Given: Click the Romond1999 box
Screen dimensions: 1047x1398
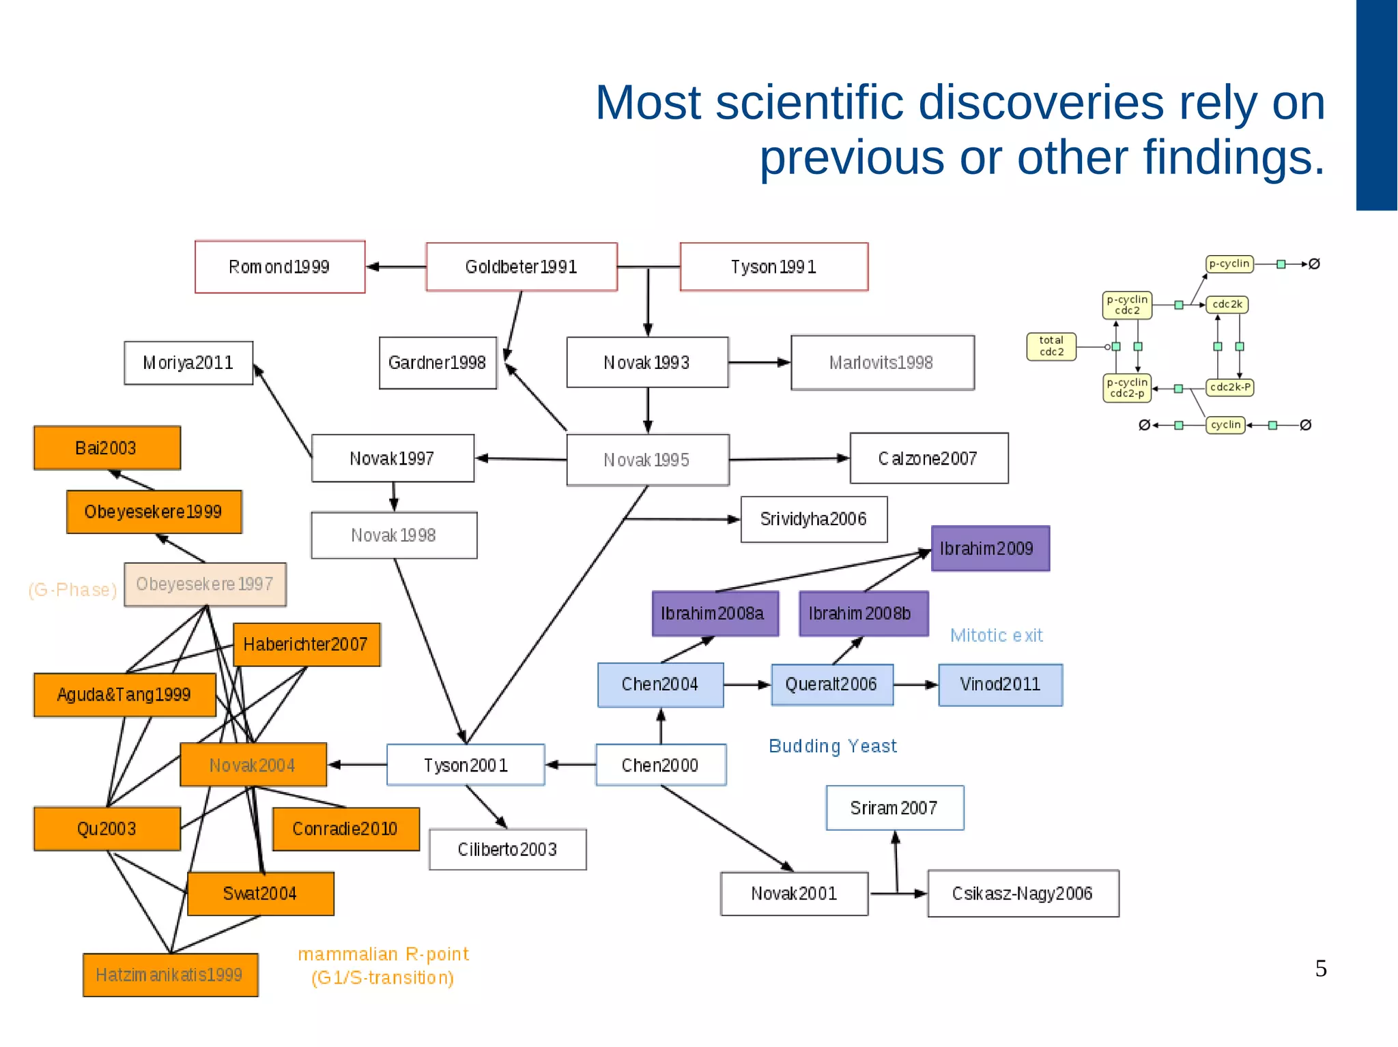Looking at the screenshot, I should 279,267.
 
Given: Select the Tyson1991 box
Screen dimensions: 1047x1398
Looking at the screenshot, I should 773,267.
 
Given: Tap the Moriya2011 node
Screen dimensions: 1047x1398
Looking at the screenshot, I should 188,363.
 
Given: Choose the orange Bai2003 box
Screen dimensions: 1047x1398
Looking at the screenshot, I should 106,448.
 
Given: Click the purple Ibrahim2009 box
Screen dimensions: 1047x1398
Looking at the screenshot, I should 989,548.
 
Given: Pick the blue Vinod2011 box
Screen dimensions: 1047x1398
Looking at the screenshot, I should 1000,684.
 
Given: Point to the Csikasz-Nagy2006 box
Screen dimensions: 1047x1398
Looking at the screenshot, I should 1022,894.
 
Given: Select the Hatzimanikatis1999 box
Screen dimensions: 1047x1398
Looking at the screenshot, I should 170,975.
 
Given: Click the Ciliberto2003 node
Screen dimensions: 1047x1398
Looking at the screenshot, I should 507,849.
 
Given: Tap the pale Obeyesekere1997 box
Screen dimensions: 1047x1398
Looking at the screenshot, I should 205,585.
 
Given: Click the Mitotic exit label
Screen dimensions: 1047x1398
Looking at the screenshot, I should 996,636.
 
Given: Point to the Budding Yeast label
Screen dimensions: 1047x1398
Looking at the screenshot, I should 832,746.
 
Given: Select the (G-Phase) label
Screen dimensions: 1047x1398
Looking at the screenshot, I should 72,590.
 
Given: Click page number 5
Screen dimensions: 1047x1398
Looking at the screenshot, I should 1321,969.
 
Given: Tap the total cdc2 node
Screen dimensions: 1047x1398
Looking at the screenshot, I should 1051,346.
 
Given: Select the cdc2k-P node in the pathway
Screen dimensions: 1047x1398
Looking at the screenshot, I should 1229,387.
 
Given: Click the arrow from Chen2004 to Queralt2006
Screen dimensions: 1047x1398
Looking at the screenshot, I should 747,684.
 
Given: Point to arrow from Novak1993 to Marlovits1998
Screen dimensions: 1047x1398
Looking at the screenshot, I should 759,362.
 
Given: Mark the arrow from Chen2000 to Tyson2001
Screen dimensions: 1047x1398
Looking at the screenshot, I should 571,765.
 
